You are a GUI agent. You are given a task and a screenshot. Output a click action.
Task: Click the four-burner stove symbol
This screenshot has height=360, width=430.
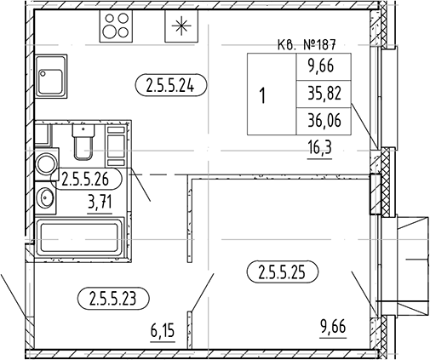click(116, 26)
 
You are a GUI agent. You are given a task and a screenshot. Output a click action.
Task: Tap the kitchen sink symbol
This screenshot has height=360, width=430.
click(51, 77)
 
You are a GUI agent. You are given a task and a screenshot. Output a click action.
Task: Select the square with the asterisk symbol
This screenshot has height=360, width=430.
click(181, 26)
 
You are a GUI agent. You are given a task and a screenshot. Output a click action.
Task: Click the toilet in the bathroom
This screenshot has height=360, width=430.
click(83, 141)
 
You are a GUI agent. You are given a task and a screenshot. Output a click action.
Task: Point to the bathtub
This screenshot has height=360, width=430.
click(80, 237)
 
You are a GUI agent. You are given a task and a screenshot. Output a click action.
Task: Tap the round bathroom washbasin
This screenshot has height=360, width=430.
click(46, 197)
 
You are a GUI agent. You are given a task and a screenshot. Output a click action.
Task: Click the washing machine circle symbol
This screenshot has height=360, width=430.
click(46, 163)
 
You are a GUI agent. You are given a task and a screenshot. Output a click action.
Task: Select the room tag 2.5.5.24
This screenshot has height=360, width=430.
click(171, 85)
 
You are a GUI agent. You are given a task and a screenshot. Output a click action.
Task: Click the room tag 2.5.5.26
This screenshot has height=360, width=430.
click(86, 179)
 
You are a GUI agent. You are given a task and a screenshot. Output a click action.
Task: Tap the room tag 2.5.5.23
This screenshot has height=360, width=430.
click(113, 299)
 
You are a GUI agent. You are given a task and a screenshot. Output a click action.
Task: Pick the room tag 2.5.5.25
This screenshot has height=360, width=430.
click(283, 272)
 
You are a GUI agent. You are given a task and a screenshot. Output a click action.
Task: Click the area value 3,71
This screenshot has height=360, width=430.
click(100, 203)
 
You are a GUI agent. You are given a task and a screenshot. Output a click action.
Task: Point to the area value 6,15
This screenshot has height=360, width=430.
click(162, 331)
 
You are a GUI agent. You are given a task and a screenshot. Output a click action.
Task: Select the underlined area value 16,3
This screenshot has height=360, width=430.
click(319, 148)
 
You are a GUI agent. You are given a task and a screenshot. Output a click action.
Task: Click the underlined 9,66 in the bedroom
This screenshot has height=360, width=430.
click(333, 327)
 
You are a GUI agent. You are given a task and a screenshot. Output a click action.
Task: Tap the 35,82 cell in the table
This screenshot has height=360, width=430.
click(324, 94)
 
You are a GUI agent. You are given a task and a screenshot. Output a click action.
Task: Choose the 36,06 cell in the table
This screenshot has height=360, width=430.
click(324, 121)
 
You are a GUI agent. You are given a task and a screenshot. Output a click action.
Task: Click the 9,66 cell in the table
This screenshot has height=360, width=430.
click(324, 67)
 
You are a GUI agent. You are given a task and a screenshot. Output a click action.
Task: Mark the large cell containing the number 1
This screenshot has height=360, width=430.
click(272, 94)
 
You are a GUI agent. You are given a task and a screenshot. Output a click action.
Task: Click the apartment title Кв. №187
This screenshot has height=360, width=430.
click(307, 45)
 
